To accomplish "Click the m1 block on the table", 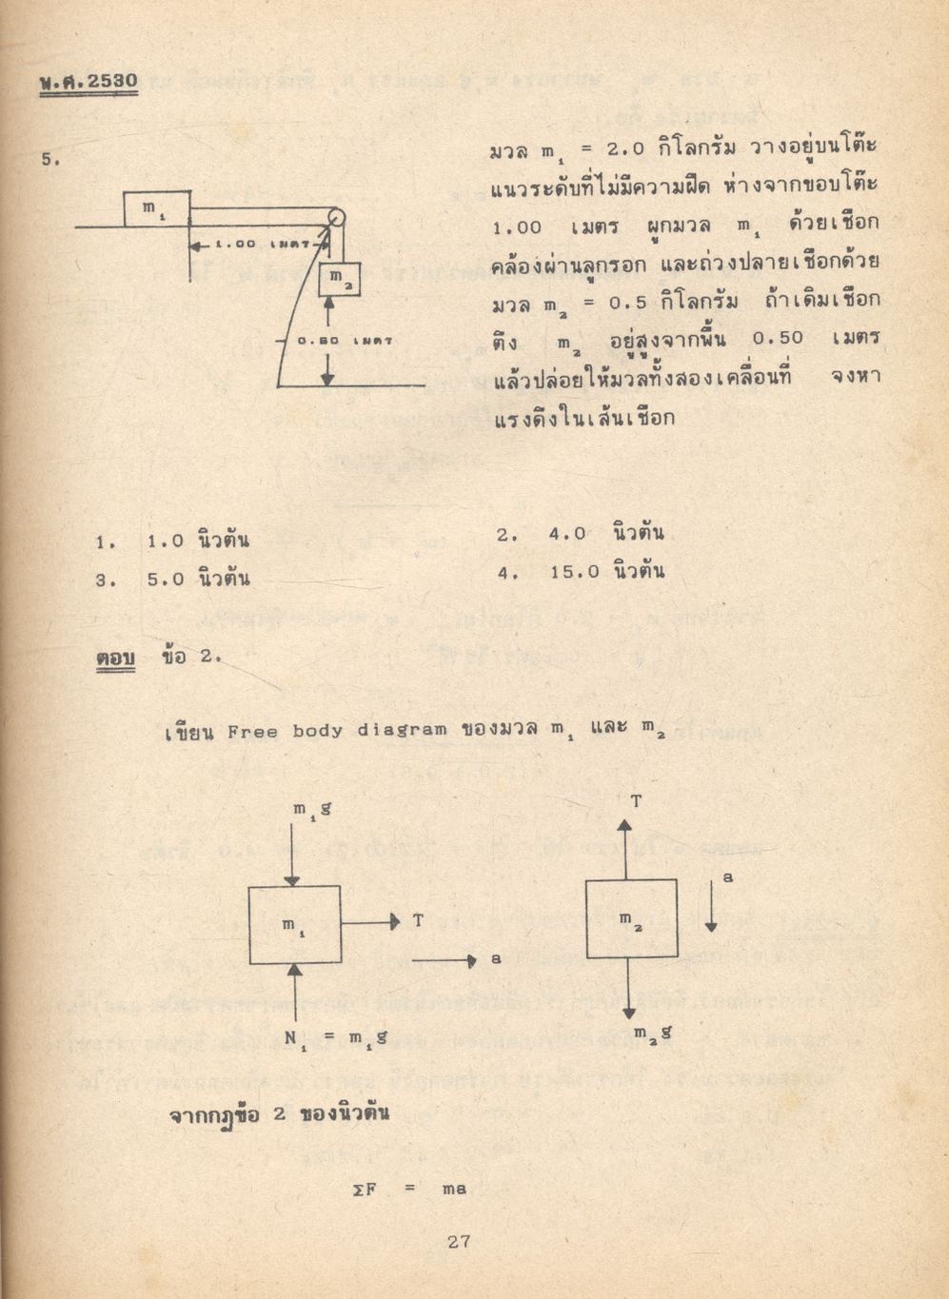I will (156, 209).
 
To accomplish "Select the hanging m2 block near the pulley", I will (339, 279).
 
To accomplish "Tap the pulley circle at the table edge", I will (335, 217).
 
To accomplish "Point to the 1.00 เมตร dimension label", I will (256, 245).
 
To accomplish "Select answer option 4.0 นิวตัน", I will (605, 534).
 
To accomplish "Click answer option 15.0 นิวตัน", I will (606, 572).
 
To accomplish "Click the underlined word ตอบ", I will (115, 658).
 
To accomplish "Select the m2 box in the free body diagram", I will (631, 918).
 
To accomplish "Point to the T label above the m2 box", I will (636, 801).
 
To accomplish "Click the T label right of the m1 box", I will (419, 920).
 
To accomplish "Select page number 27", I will (459, 1241).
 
